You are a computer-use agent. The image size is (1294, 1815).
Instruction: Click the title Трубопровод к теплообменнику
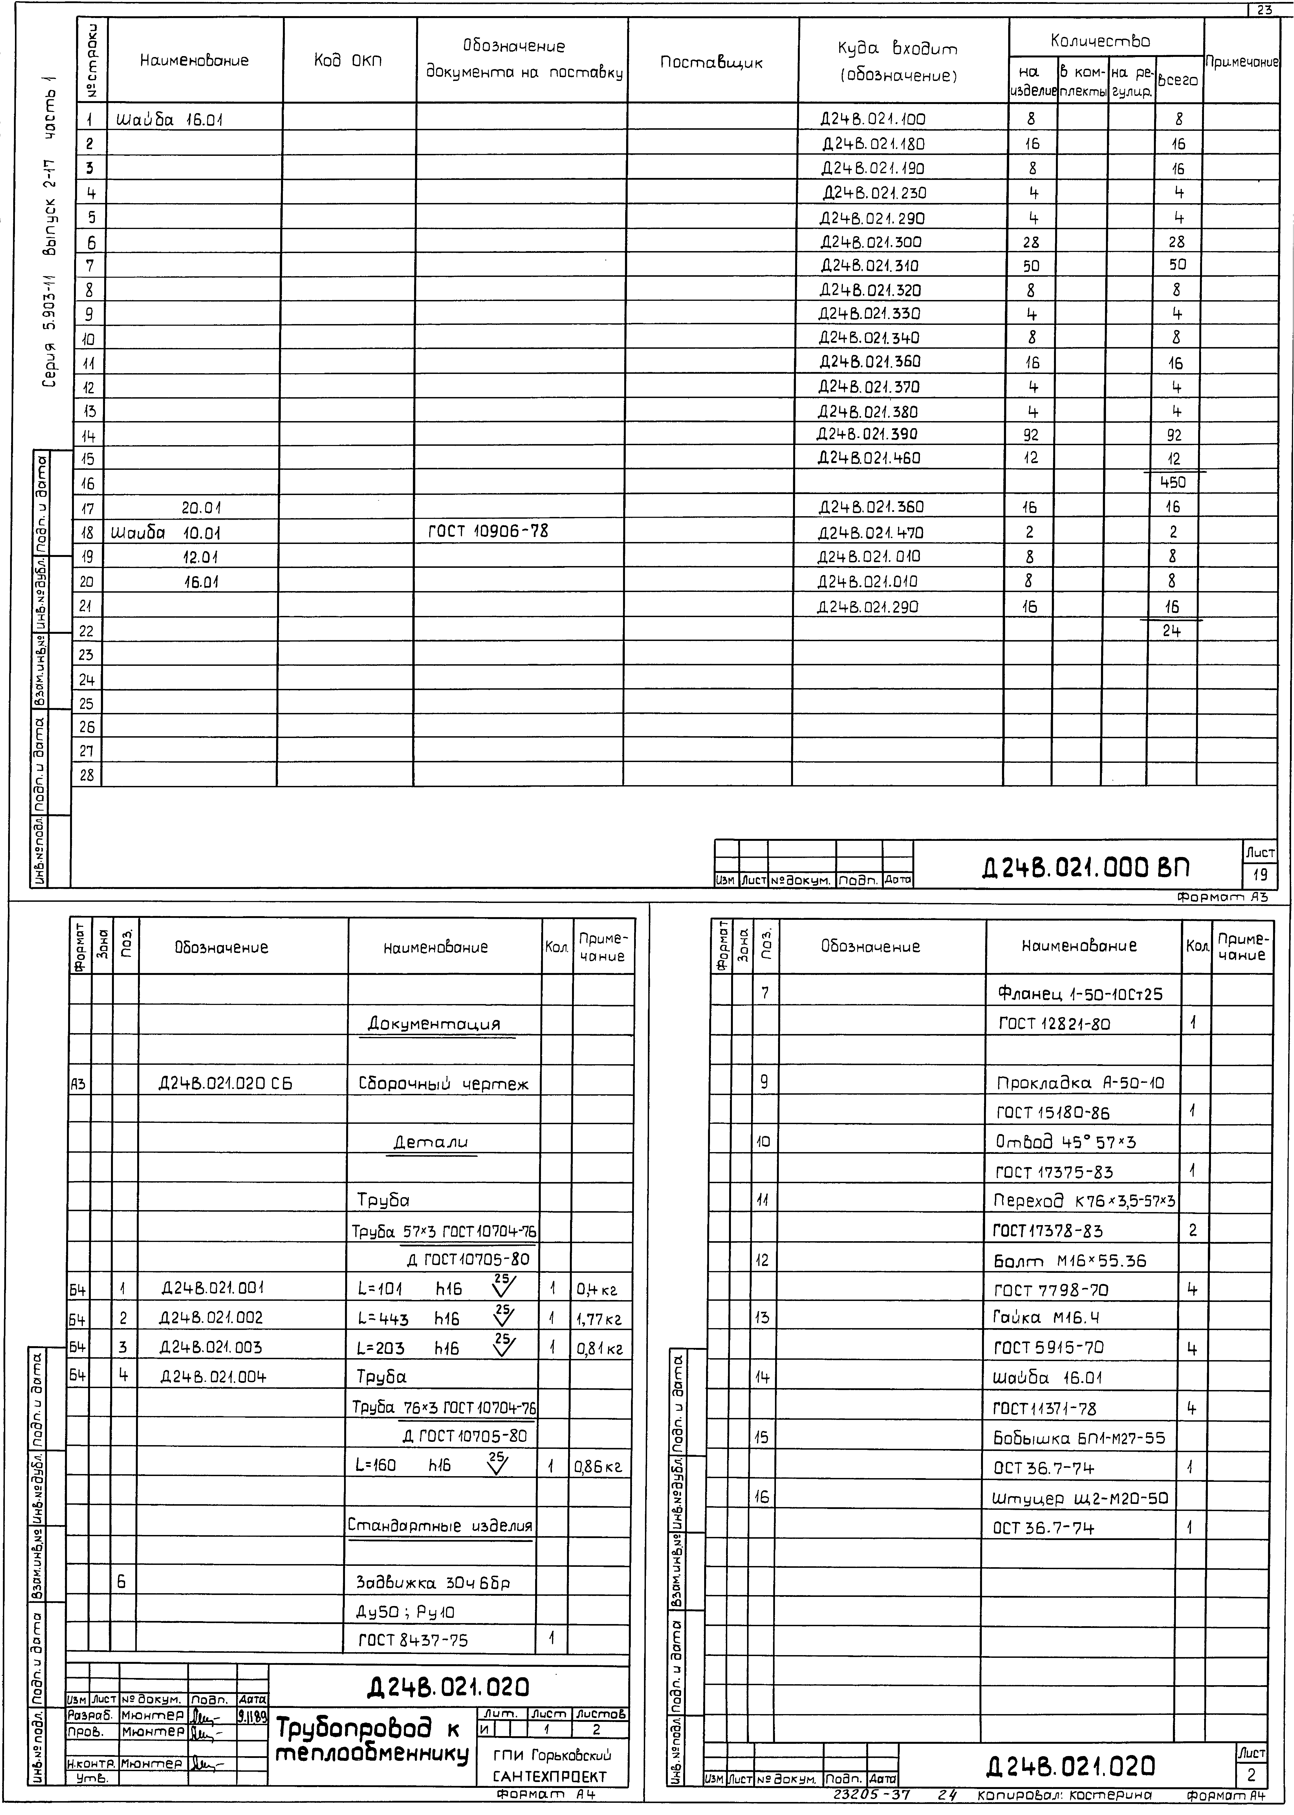pyautogui.click(x=371, y=1740)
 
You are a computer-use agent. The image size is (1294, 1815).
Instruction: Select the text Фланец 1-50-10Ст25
pyautogui.click(x=1080, y=994)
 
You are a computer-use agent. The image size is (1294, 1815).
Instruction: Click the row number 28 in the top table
pyautogui.click(x=87, y=774)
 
